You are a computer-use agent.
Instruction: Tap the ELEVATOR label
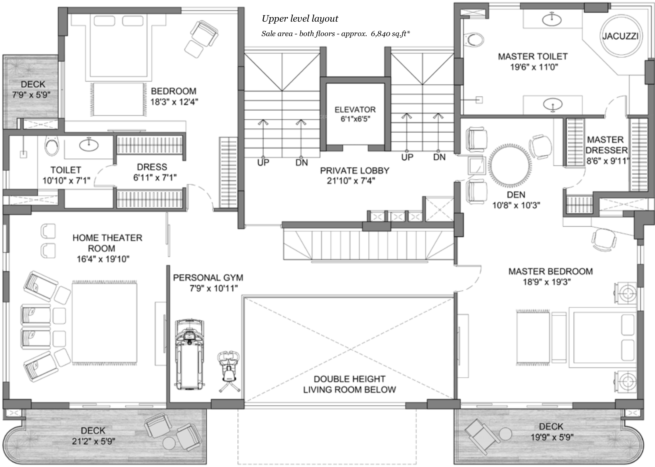(x=355, y=110)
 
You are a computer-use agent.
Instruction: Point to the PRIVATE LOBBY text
(x=354, y=171)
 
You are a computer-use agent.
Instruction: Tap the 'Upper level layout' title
(x=300, y=19)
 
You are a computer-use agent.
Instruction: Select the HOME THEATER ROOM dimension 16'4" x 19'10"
(x=103, y=259)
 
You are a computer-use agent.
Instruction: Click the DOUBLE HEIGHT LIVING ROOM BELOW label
(x=350, y=384)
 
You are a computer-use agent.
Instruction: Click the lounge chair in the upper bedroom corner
(x=204, y=33)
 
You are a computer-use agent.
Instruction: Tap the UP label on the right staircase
(x=407, y=157)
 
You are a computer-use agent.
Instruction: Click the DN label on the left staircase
(x=301, y=163)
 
